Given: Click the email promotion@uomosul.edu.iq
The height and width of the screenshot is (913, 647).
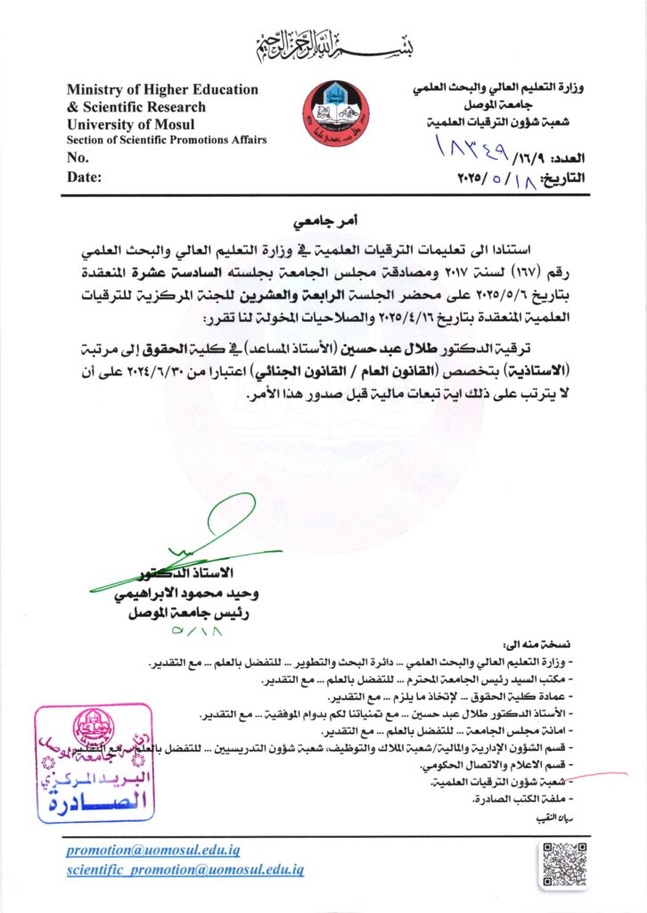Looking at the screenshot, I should click(x=152, y=851).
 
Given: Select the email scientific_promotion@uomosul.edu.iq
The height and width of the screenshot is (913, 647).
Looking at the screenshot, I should click(x=185, y=869).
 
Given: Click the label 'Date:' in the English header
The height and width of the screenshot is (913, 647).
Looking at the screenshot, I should click(x=85, y=177).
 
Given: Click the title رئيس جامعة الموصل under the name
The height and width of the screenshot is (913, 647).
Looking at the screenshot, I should click(x=199, y=613).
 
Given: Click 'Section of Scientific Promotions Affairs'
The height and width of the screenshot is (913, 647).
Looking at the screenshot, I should click(x=166, y=140).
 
